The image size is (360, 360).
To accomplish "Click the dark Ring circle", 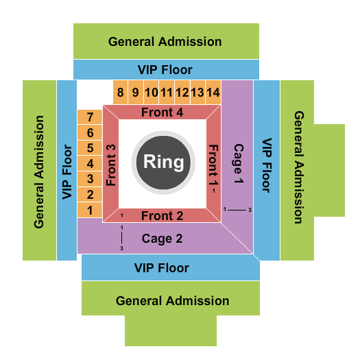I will [163, 162].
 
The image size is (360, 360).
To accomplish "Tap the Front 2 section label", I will [162, 215].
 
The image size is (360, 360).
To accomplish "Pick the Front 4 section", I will [162, 112].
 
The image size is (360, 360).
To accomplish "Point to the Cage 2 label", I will [162, 239].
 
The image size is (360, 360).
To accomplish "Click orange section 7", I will [89, 117].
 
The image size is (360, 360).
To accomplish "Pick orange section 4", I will [89, 163].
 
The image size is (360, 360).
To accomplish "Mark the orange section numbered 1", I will [89, 209].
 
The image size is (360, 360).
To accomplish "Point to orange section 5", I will [89, 147].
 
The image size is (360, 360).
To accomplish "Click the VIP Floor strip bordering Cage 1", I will [267, 170].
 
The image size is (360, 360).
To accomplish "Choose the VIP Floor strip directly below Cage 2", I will [170, 267].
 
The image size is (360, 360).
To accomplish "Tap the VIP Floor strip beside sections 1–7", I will [67, 170].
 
